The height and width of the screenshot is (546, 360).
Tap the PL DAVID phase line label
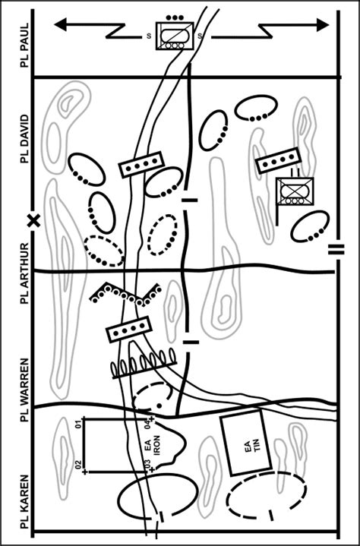(x=24, y=136)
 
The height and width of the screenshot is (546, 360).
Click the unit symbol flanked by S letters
(x=173, y=35)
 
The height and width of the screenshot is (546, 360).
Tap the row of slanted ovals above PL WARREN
(x=144, y=365)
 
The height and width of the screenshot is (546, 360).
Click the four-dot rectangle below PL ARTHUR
(x=128, y=330)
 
